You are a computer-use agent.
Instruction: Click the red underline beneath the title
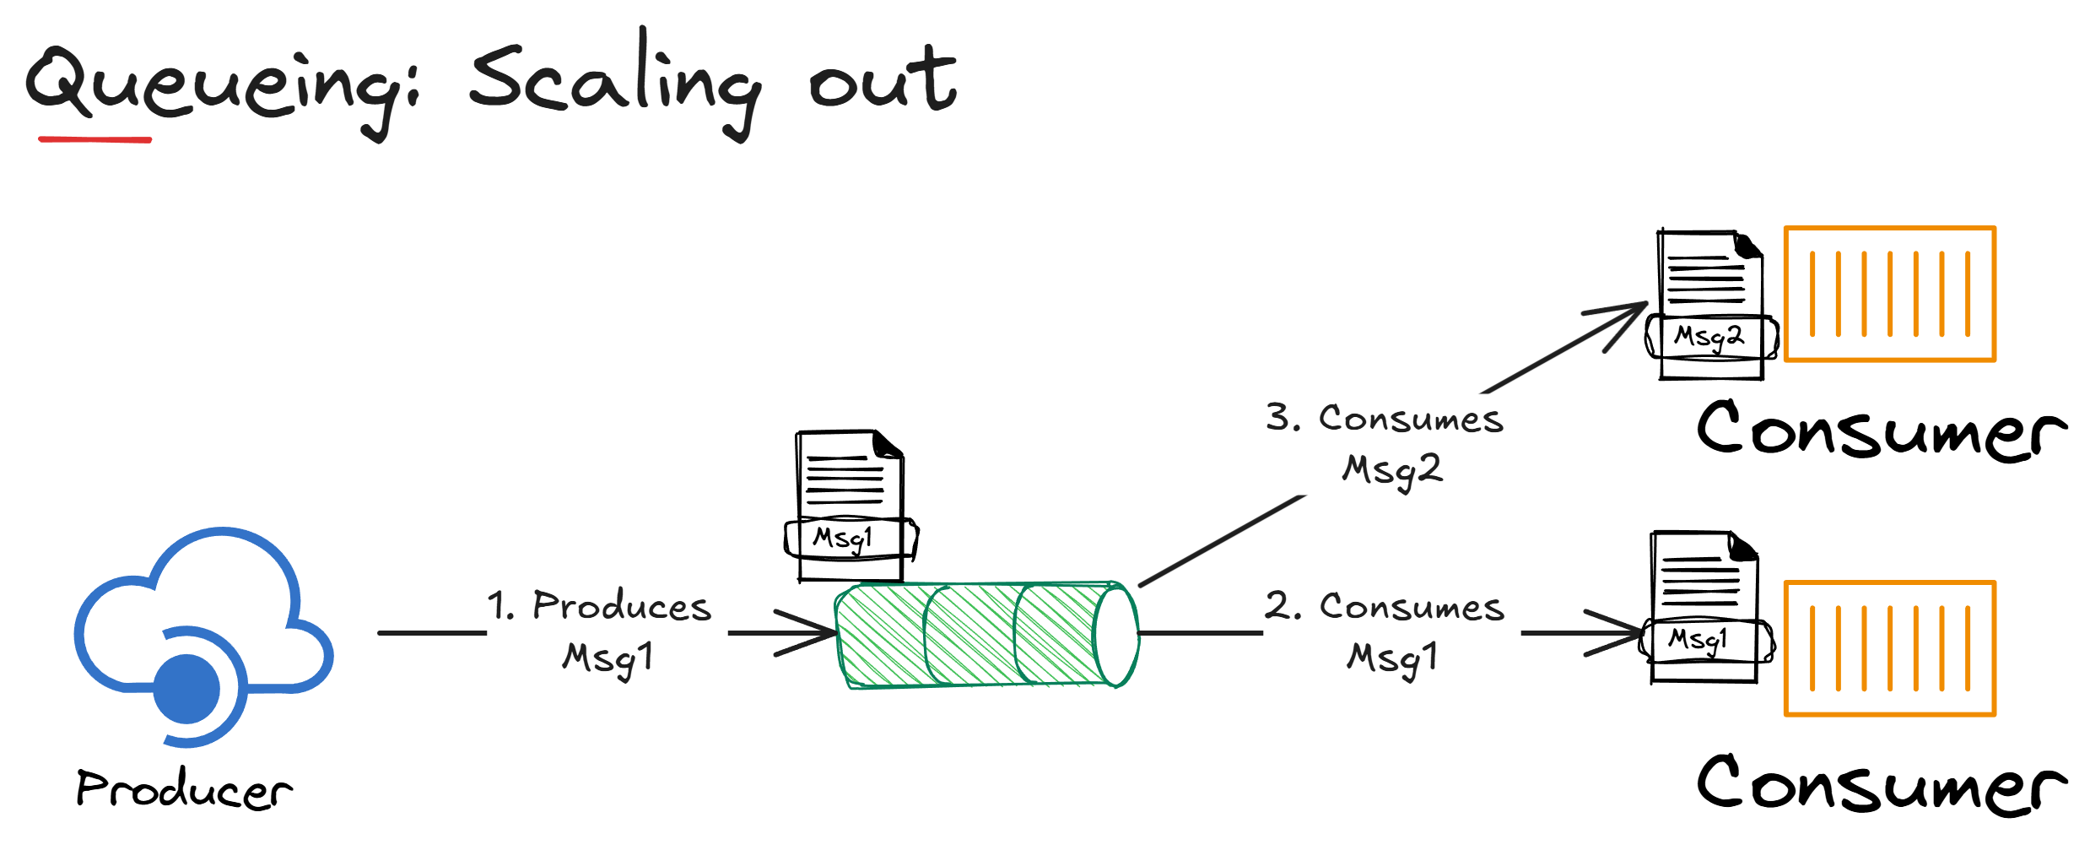pos(95,139)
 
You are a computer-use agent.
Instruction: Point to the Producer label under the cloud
pos(184,789)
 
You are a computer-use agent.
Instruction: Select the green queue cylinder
pos(970,635)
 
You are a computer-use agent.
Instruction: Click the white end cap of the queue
pos(1116,636)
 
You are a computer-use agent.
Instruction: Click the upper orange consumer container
pos(1890,294)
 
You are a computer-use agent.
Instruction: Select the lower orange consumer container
pos(1890,648)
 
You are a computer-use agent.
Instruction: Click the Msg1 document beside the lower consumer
pos(1705,608)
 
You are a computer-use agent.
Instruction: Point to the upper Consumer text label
pos(1882,430)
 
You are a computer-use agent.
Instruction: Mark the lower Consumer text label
pos(1882,785)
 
